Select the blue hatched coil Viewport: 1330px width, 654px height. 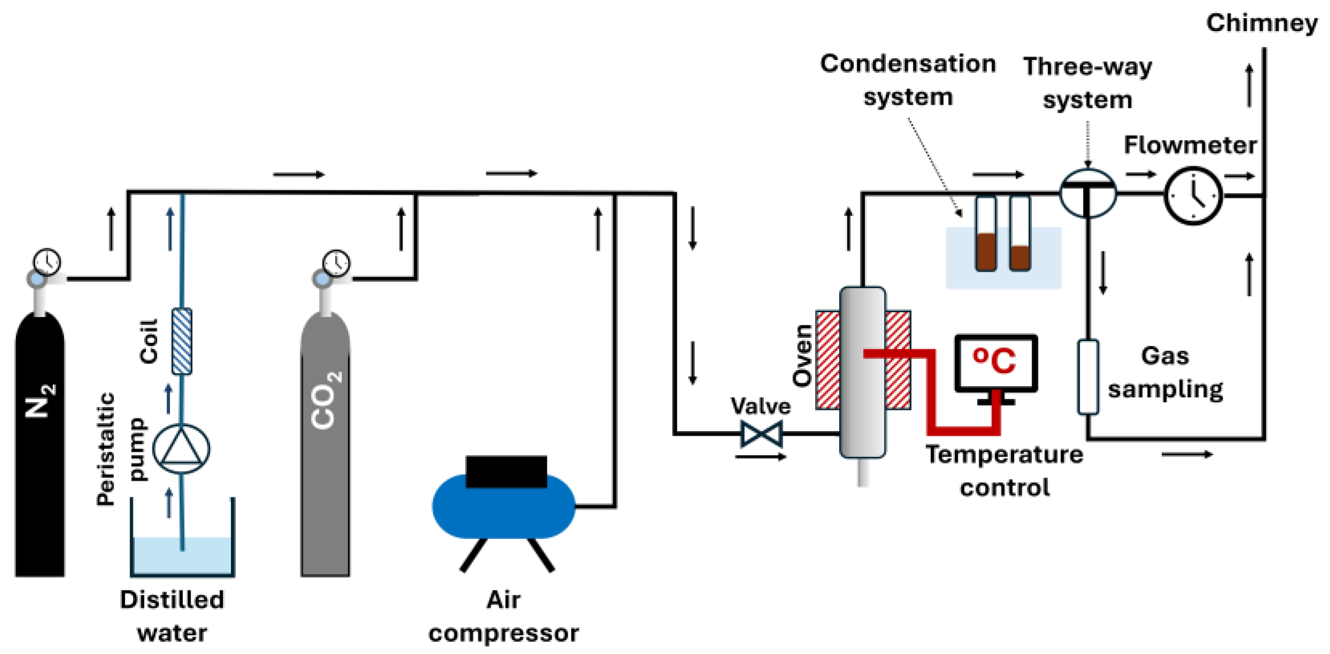coord(182,341)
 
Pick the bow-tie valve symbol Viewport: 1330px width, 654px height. coord(761,434)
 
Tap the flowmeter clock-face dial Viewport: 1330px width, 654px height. coord(1193,196)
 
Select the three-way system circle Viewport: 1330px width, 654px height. coord(1087,193)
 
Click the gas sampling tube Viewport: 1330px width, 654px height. coord(1087,376)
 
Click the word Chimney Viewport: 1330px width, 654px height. coord(1261,23)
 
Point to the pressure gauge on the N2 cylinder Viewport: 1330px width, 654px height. coord(47,262)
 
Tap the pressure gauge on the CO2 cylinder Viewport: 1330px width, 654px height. coord(336,263)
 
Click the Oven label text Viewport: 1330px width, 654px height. coord(802,355)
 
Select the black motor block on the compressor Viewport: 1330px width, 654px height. coord(506,471)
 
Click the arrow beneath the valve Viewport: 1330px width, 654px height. coord(760,457)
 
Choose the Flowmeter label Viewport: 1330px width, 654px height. coord(1190,145)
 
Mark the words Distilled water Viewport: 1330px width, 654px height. coord(172,616)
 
